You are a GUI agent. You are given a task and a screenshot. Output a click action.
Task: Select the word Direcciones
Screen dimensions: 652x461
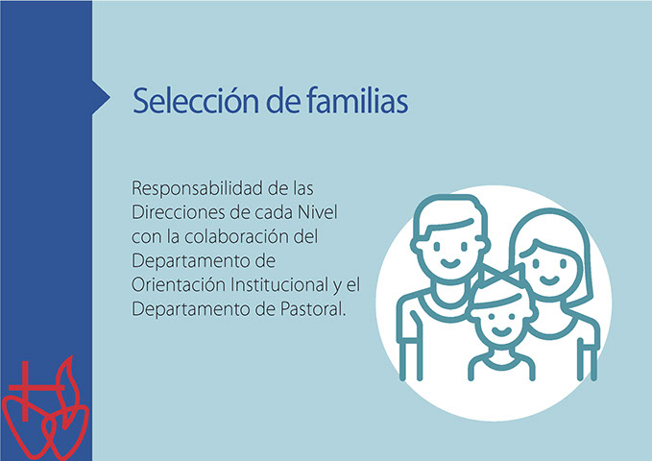pos(179,212)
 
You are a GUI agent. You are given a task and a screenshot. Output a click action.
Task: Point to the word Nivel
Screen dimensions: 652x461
pos(317,212)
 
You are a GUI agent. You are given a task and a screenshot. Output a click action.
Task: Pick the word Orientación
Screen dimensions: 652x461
pos(179,285)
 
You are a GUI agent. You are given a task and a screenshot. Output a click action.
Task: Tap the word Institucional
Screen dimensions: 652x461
pos(279,285)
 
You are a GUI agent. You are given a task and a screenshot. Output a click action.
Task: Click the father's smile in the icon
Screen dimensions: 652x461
pos(449,263)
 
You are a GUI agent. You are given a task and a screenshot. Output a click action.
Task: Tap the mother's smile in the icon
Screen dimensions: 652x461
pos(549,279)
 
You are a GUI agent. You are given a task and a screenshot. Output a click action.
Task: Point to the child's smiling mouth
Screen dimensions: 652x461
pos(502,331)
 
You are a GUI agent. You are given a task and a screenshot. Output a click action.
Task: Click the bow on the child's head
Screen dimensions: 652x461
pos(501,277)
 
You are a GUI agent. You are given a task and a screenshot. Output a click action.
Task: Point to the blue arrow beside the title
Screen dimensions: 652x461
pos(101,97)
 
